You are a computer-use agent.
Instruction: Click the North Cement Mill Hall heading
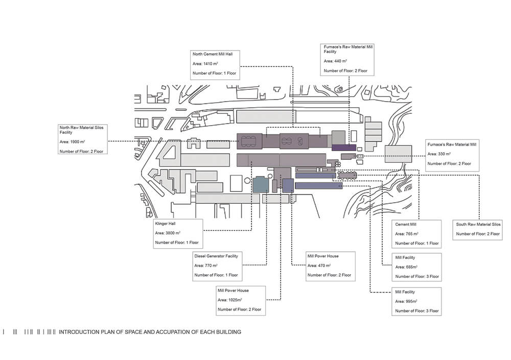tap(213, 54)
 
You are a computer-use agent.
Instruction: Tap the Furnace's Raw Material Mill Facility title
tap(348, 49)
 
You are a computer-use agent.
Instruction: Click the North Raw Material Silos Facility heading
tap(81, 130)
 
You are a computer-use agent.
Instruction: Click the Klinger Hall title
tap(165, 224)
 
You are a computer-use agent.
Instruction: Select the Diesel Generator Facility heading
tap(216, 256)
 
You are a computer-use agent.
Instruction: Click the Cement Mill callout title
tap(406, 225)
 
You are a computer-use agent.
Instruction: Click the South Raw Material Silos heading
tap(478, 225)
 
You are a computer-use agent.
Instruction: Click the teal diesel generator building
tap(261, 184)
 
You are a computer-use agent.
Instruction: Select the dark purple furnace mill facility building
tap(344, 148)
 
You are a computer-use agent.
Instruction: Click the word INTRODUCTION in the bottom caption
tap(79, 332)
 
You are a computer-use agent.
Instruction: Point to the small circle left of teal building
tap(247, 180)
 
